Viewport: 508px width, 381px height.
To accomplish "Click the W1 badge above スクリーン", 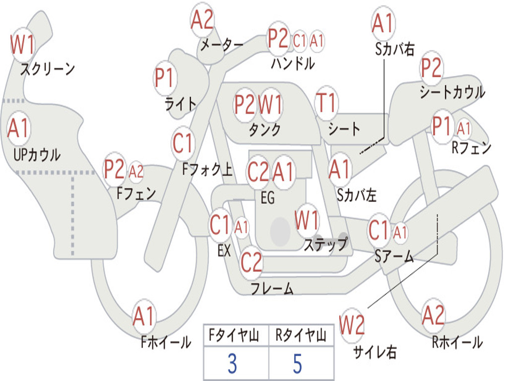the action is (22, 44).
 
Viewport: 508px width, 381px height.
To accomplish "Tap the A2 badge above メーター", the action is (202, 20).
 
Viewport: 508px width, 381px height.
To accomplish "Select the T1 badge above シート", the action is (326, 103).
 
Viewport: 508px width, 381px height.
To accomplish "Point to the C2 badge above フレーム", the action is (252, 262).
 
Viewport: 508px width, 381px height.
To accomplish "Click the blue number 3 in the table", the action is (232, 364).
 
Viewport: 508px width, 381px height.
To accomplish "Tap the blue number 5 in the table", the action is (298, 364).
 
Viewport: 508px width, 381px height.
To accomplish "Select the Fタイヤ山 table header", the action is (234, 335).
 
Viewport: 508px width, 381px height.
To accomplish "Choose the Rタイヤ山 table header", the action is (301, 335).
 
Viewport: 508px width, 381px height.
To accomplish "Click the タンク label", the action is (265, 129).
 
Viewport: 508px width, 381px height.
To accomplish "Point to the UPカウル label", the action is (37, 155).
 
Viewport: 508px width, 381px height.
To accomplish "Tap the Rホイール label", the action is (457, 342).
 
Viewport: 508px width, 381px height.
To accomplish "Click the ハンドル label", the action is (293, 63).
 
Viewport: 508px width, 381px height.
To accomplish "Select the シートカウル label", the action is (452, 92).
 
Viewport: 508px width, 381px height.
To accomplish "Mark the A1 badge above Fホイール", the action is (144, 317).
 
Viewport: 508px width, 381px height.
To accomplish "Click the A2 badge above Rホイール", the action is (433, 315).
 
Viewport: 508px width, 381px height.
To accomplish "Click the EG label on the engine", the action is (267, 197).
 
